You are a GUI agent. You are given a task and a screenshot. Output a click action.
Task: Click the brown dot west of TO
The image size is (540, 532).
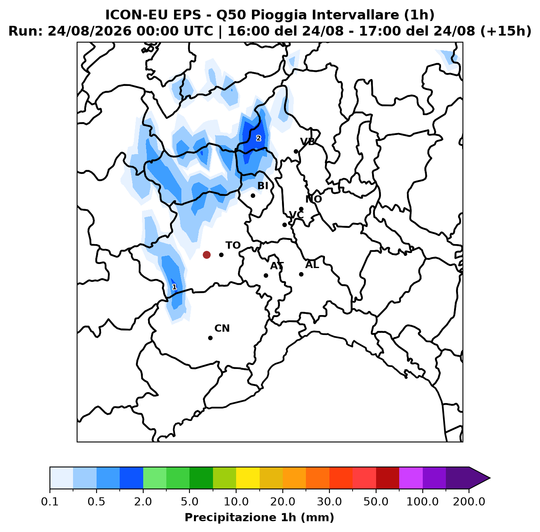click(207, 255)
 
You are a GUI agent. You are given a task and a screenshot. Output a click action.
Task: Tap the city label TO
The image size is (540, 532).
click(233, 245)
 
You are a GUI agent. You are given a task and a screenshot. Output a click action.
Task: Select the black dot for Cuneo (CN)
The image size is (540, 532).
click(210, 338)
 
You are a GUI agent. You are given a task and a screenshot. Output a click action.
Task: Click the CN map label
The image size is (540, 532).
click(222, 328)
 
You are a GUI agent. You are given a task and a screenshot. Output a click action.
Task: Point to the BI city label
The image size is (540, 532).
click(263, 186)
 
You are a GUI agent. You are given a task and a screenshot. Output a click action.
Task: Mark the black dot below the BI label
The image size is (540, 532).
click(253, 195)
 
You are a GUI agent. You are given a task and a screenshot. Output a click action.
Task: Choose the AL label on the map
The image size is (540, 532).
click(312, 265)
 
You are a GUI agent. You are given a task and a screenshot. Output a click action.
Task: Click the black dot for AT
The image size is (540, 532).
click(266, 275)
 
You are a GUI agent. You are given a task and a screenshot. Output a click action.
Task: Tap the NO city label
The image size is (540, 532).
click(314, 199)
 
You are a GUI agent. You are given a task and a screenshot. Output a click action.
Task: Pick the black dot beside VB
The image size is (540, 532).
click(296, 152)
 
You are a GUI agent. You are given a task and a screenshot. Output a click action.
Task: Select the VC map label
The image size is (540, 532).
click(296, 215)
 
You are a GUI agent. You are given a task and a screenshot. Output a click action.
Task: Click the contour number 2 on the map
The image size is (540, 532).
click(258, 138)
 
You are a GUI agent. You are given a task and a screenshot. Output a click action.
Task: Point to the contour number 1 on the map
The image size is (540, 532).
click(174, 287)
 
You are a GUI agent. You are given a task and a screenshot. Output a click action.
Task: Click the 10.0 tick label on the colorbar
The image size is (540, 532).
click(236, 501)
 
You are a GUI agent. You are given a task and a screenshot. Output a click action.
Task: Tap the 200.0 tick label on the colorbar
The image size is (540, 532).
click(469, 501)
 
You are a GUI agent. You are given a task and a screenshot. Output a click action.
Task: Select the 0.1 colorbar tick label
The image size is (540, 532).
click(50, 501)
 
